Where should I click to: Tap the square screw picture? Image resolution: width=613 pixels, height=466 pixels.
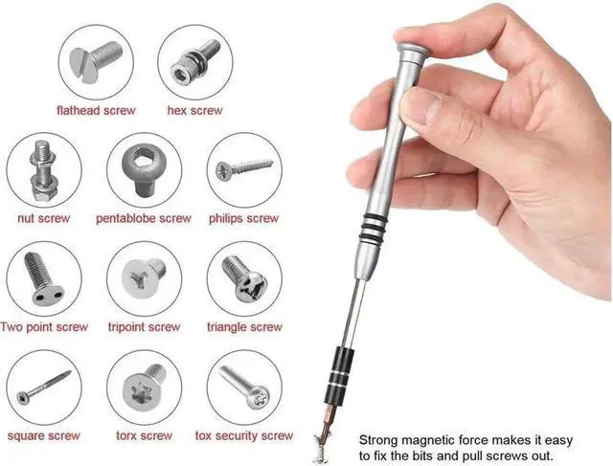(43, 388)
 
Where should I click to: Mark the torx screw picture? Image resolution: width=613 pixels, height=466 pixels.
(144, 388)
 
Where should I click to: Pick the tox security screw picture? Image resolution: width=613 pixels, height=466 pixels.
(244, 388)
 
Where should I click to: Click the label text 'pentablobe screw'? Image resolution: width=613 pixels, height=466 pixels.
(144, 218)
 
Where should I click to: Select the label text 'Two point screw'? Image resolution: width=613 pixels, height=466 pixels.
(44, 327)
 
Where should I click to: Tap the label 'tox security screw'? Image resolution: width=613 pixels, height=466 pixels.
(244, 436)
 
